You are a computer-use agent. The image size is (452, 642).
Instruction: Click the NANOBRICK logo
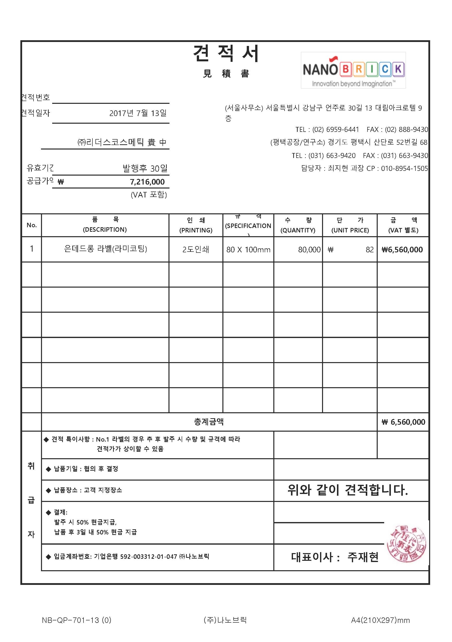[x=353, y=70]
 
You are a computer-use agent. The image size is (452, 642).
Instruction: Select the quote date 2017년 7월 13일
[x=138, y=113]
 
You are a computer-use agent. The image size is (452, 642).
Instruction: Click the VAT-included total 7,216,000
[x=147, y=182]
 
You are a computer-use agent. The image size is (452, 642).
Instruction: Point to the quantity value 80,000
[x=309, y=249]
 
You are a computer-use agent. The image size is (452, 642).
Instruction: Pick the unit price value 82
[x=370, y=249]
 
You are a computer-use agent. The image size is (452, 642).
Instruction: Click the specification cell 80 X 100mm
[x=248, y=249]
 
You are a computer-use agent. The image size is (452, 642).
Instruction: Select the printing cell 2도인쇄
[x=196, y=249]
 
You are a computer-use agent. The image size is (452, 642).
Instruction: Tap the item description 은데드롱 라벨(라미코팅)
[x=105, y=249]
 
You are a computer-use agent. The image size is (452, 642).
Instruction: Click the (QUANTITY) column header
[x=298, y=230]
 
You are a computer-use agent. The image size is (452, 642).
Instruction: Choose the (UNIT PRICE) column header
[x=350, y=230]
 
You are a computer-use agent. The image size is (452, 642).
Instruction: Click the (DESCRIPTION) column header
[x=105, y=229]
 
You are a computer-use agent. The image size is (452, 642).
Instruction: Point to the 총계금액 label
[x=209, y=422]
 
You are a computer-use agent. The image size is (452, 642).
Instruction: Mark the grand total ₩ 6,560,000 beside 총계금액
[x=403, y=422]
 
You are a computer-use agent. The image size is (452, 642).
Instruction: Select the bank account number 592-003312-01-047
[x=149, y=556]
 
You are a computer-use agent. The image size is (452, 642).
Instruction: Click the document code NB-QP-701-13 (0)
[x=76, y=620]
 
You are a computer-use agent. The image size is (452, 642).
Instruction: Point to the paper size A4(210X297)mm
[x=380, y=620]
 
